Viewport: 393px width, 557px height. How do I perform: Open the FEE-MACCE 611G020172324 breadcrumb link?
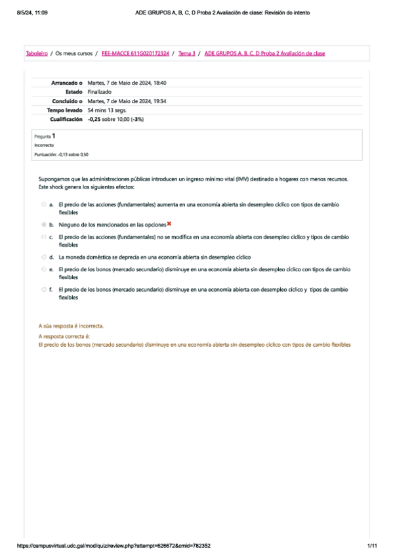coord(136,53)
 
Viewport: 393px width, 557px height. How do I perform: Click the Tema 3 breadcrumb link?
coord(187,53)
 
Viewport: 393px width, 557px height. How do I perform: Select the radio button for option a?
coord(43,205)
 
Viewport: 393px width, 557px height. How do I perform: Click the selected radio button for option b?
coord(43,224)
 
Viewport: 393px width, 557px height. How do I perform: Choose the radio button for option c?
coord(43,236)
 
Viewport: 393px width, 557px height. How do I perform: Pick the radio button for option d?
coord(43,257)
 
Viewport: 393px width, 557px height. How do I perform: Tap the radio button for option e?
coord(43,269)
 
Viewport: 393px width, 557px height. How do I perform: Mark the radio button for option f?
coord(43,289)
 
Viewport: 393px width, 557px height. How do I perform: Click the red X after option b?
coord(169,224)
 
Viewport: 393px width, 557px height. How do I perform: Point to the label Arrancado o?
coord(66,83)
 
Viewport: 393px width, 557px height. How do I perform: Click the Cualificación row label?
coord(66,120)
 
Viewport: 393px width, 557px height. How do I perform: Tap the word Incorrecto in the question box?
coord(45,145)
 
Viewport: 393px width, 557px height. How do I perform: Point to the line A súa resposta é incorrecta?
coord(72,326)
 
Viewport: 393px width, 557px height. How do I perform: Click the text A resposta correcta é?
coord(64,336)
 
